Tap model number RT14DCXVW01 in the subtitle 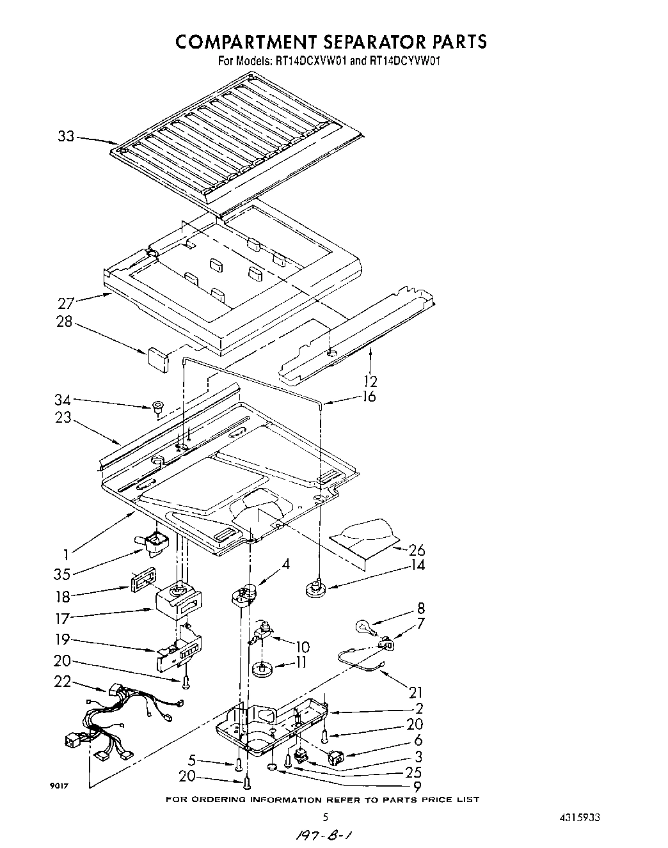312,62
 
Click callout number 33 66,136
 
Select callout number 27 66,302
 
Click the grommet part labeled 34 157,406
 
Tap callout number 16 368,397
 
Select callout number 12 369,381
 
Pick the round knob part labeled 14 315,587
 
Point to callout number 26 417,549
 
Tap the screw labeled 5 239,764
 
